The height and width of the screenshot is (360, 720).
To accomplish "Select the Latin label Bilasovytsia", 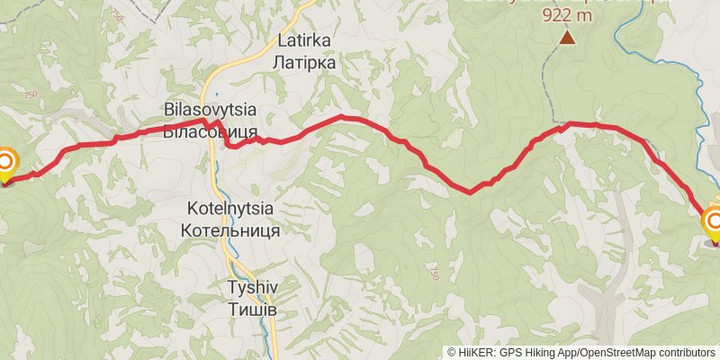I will pos(211,109).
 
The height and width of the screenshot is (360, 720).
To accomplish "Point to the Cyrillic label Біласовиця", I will pos(211,130).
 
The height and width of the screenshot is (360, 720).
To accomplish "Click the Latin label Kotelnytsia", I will pos(230,208).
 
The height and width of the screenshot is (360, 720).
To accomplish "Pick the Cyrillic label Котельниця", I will pos(230,229).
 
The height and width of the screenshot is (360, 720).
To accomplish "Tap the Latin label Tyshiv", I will pos(250,288).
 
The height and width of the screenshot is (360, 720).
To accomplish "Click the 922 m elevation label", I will pos(567,15).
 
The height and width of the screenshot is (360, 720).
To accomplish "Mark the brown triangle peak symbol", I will pos(567,37).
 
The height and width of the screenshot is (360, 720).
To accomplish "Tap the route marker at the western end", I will pos(4,164).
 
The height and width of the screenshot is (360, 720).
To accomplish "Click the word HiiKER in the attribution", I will pos(476,352).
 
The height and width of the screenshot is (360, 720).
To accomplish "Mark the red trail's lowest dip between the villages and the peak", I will pos(469,192).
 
